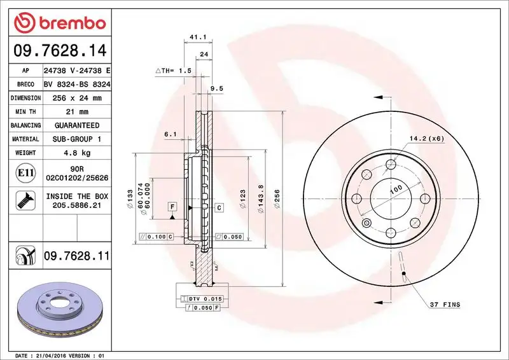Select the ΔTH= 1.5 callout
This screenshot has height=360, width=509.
(x=173, y=71)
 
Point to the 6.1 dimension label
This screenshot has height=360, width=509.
(x=170, y=134)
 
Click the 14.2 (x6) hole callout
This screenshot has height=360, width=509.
(x=426, y=138)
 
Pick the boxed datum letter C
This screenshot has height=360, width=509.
(x=218, y=207)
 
